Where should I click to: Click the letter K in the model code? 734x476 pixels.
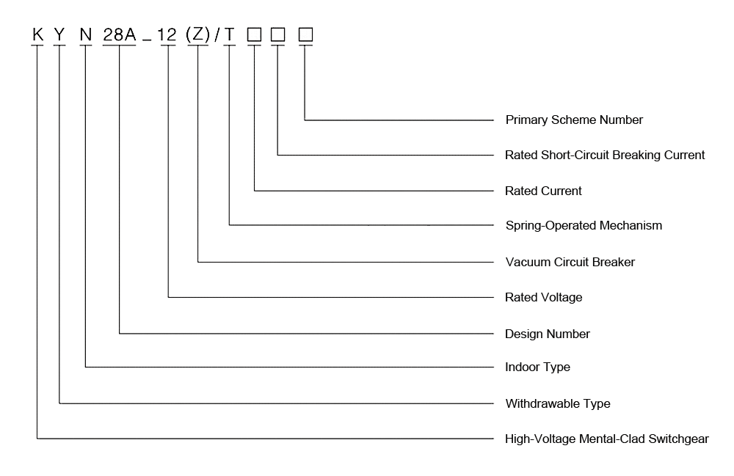click(x=37, y=34)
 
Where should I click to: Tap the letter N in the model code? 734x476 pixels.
click(x=86, y=34)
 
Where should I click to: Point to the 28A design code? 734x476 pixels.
click(x=119, y=34)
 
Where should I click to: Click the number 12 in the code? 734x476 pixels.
click(x=169, y=34)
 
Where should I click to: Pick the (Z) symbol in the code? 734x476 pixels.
click(x=199, y=34)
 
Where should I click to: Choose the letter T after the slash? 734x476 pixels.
click(x=230, y=34)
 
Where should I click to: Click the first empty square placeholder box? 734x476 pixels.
click(x=254, y=34)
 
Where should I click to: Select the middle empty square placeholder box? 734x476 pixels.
click(x=278, y=34)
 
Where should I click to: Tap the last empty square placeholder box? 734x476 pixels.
click(x=305, y=34)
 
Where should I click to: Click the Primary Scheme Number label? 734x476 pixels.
click(x=574, y=120)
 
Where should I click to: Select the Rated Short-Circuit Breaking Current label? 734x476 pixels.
click(x=605, y=155)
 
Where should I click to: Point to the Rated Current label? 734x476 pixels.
click(x=543, y=191)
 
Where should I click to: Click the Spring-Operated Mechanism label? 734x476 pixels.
click(x=584, y=225)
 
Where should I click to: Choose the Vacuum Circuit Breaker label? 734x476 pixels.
click(x=570, y=262)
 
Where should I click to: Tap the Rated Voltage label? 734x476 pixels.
click(x=544, y=297)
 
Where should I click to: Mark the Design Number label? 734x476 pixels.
click(x=548, y=334)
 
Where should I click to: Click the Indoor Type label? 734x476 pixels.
click(x=537, y=367)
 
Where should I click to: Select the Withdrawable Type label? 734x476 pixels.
click(x=558, y=403)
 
